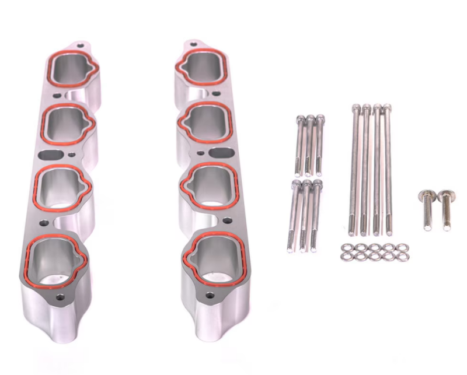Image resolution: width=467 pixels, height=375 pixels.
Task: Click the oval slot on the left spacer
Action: pos(49,157)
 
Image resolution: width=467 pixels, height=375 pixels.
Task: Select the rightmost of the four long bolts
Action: pos(388,169)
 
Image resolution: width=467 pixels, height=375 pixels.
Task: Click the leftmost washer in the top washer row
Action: pos(344,247)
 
